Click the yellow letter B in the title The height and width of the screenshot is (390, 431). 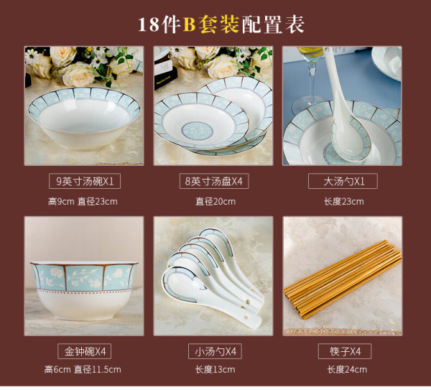coord(189,24)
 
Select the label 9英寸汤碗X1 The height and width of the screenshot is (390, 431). coord(85,181)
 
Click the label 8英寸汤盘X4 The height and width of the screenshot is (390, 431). coord(214,181)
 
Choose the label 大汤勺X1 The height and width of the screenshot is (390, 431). coord(343,181)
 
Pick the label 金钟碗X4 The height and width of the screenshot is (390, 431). coord(84,351)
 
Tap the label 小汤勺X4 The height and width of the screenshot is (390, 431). coord(215,351)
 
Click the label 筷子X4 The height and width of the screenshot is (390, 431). coord(345,351)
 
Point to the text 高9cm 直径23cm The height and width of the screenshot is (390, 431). coord(83,202)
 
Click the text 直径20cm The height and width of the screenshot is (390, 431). coord(215,202)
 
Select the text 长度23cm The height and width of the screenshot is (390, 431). coord(343,202)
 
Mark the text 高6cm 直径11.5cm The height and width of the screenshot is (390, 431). coord(83,369)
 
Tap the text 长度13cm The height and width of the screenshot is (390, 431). coord(215,369)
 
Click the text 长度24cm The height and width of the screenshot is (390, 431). coord(347,369)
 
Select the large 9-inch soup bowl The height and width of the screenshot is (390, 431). coord(84,119)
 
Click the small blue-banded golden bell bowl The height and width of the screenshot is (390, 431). coord(84,291)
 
